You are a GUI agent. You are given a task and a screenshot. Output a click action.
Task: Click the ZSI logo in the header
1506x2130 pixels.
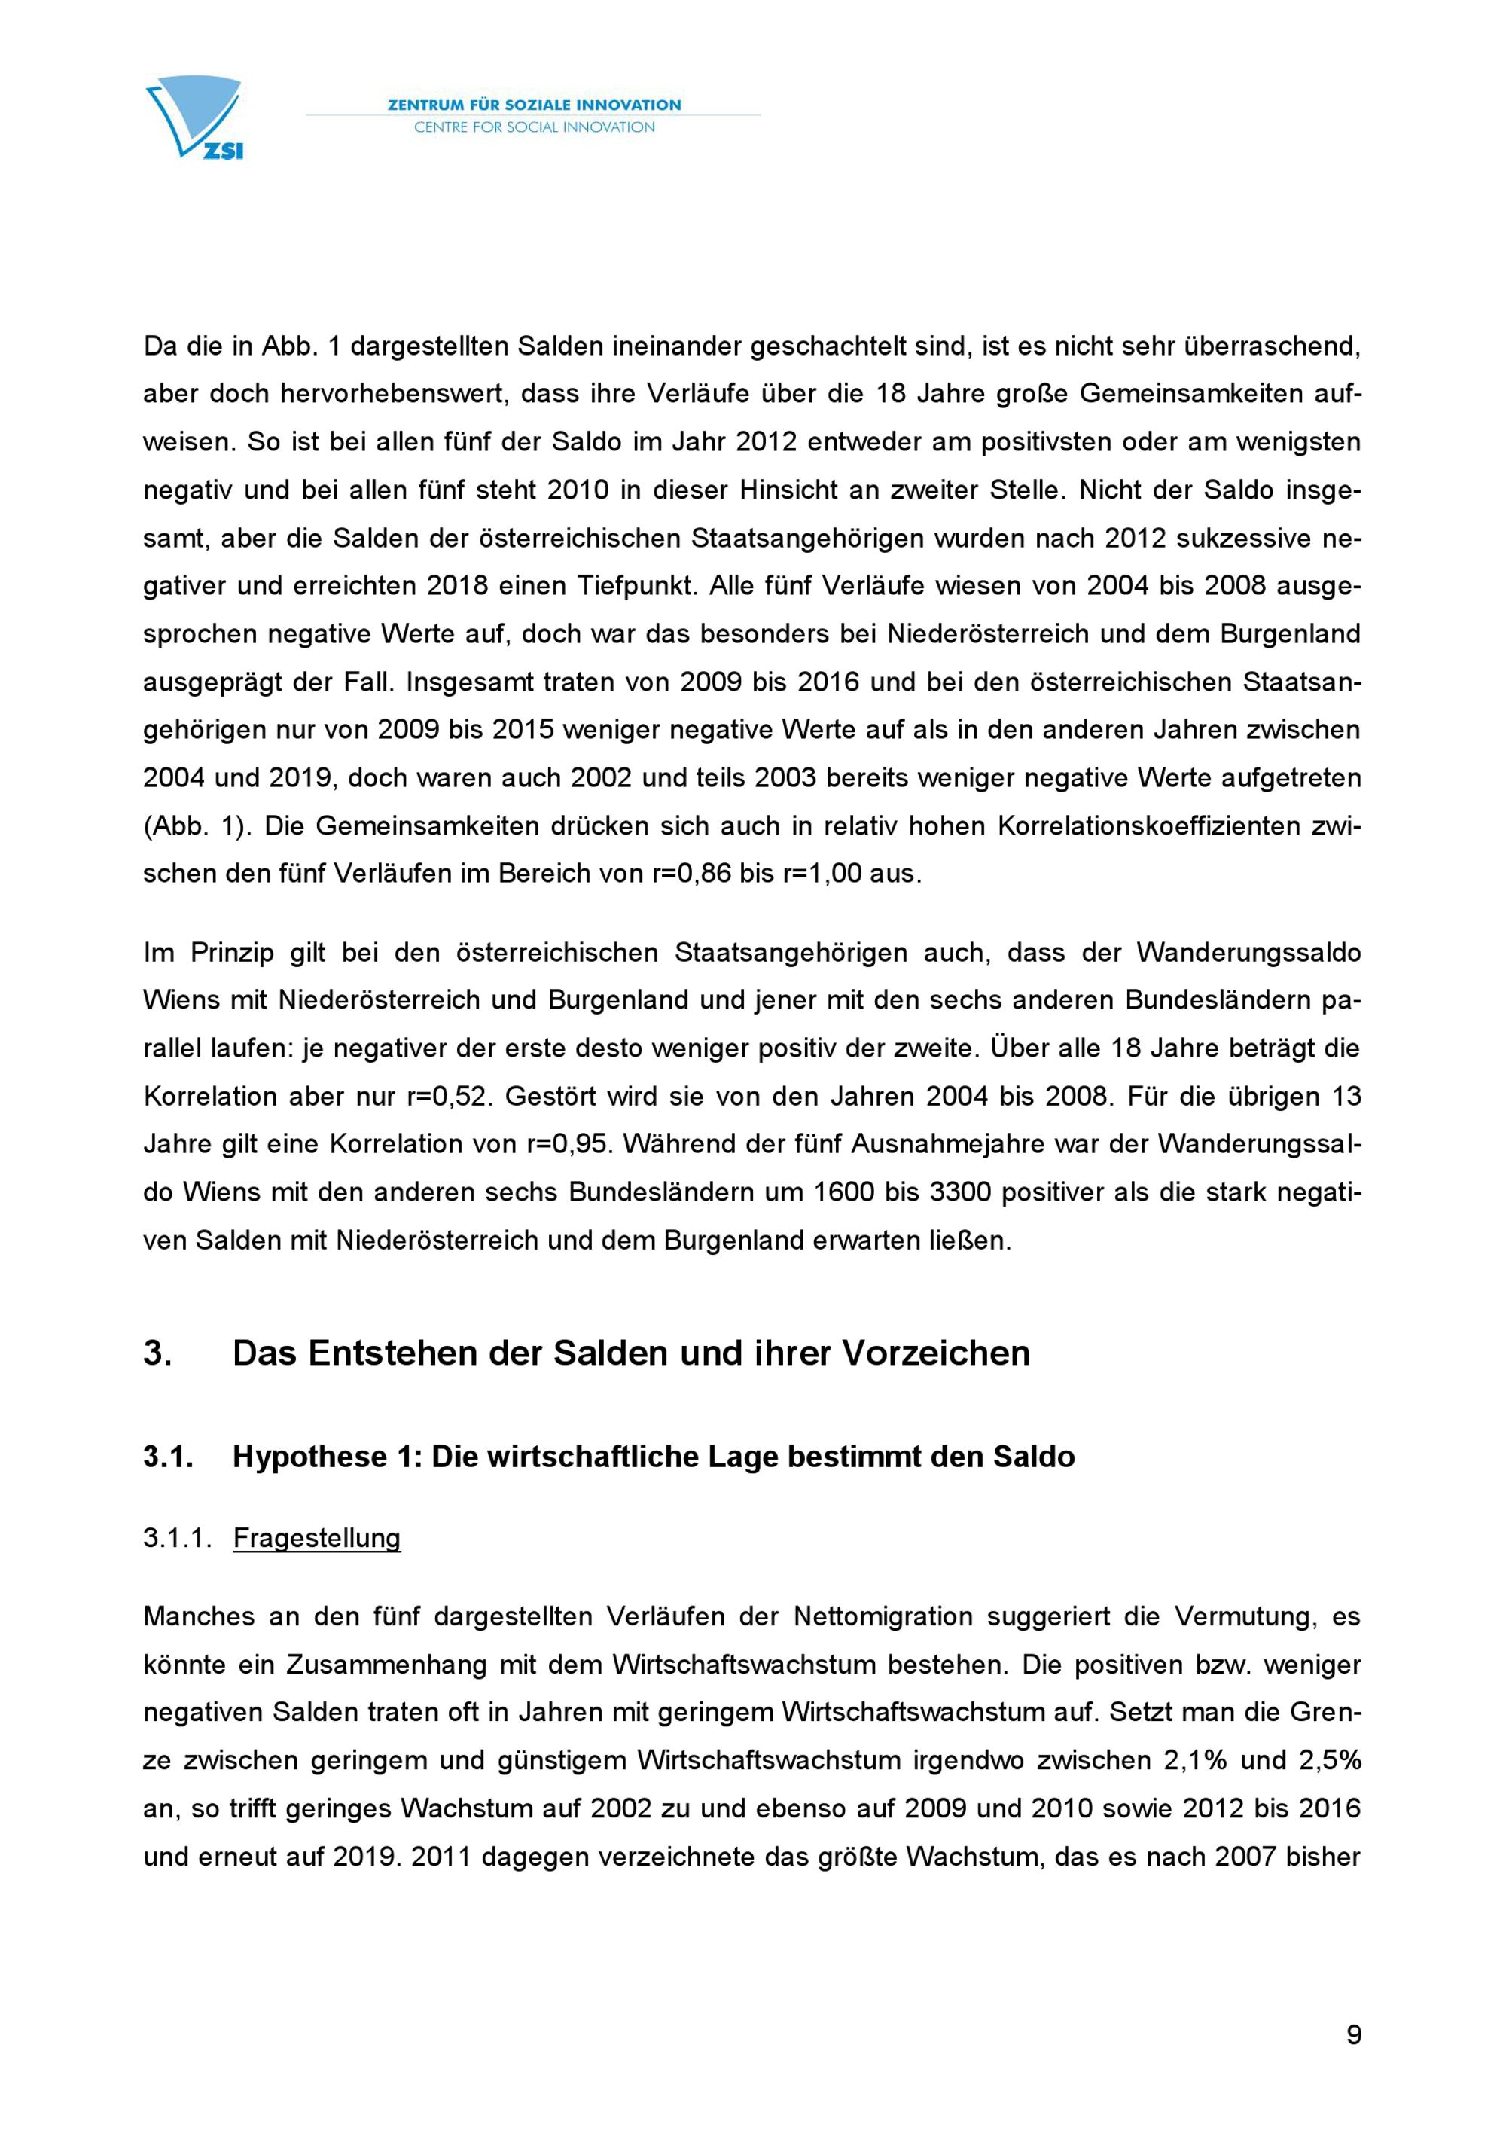pyautogui.click(x=196, y=117)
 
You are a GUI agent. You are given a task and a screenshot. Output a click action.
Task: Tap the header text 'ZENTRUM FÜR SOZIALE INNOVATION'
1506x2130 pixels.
pyautogui.click(x=534, y=105)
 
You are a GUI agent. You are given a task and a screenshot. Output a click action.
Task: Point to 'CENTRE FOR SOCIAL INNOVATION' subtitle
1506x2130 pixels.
pyautogui.click(x=534, y=127)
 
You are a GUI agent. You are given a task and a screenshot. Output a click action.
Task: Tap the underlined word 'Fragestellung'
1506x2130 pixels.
pyautogui.click(x=316, y=1538)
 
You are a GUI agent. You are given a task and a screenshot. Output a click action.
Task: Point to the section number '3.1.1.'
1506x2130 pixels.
pyautogui.click(x=177, y=1538)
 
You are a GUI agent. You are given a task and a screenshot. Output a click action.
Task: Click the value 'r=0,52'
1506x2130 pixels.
pyautogui.click(x=450, y=1097)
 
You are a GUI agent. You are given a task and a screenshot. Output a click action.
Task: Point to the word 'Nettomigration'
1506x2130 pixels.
pyautogui.click(x=883, y=1616)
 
